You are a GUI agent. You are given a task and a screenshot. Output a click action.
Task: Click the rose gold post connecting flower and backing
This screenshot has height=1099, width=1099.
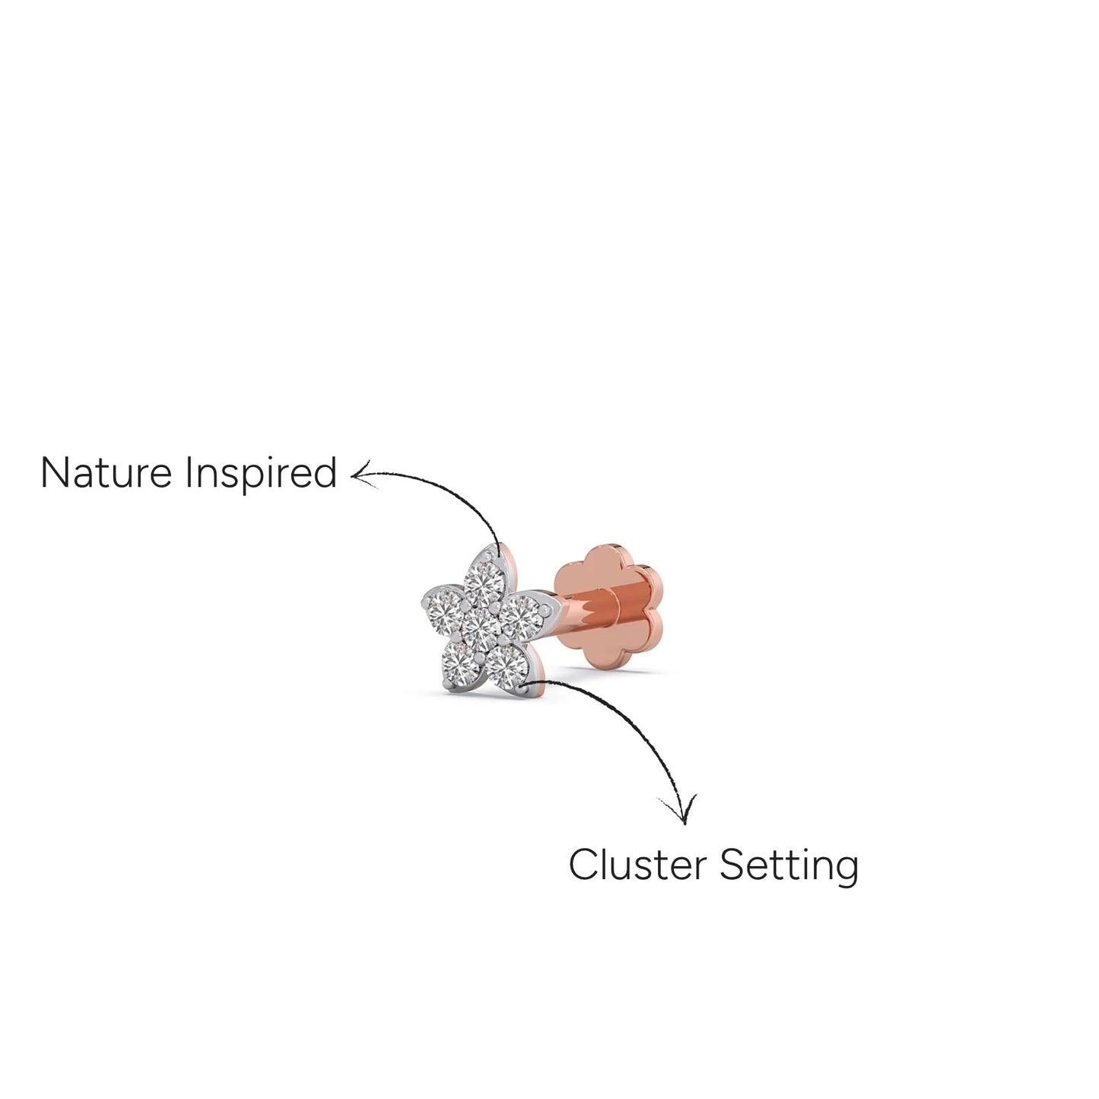587,617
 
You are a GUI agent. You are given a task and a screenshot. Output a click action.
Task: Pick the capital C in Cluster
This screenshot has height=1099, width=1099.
583,865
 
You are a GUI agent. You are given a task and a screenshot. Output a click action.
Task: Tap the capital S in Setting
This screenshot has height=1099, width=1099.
731,865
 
